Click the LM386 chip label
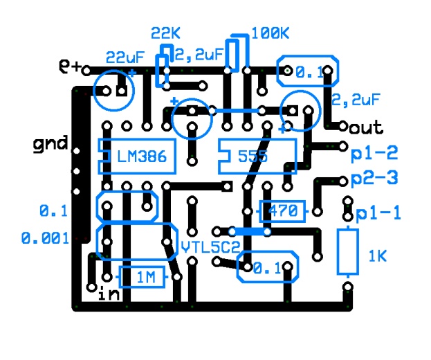click(142, 157)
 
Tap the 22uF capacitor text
click(125, 57)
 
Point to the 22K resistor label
click(165, 34)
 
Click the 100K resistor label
click(270, 33)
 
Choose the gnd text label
click(51, 144)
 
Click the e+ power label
click(71, 67)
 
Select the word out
click(367, 127)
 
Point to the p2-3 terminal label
click(374, 178)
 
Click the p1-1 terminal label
click(378, 214)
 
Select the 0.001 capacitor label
click(45, 238)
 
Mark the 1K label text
click(377, 257)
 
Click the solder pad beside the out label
click(344, 127)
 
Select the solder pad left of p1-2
click(344, 146)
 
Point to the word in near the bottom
click(109, 294)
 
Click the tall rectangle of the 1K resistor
click(348, 252)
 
